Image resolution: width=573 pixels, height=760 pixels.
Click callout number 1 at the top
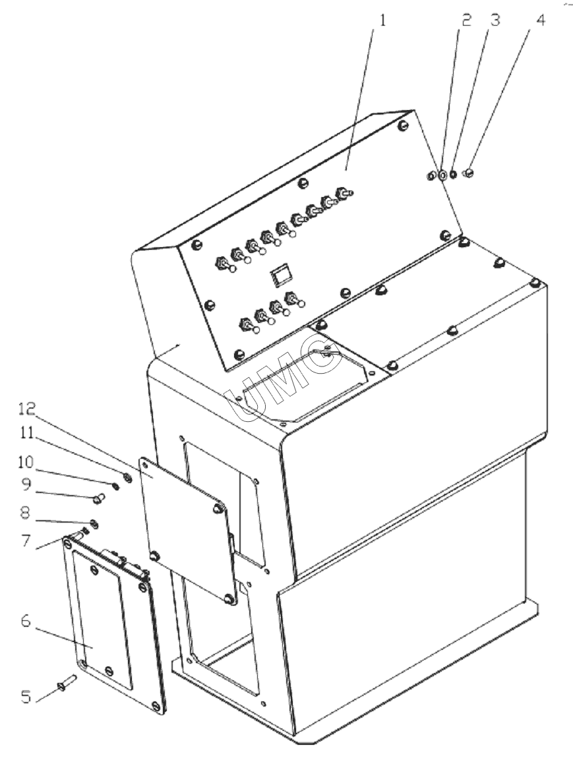coord(382,20)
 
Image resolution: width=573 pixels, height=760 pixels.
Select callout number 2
coord(466,20)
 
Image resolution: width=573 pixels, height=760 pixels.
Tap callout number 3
coord(495,20)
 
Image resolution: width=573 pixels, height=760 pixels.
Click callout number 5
coord(26,697)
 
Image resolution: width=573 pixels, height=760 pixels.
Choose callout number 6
coord(26,621)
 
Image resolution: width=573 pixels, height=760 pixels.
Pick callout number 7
coord(26,539)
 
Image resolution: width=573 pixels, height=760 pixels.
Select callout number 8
coord(26,512)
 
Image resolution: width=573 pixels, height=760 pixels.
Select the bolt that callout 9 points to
coord(99,498)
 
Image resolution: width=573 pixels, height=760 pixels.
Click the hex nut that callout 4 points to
coord(469,172)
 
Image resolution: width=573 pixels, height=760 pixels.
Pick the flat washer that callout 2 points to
coord(442,175)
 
